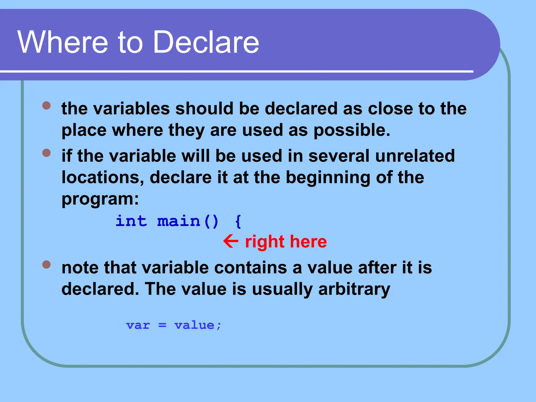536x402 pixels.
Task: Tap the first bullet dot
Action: pos(46,105)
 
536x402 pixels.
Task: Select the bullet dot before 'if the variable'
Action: pos(46,153)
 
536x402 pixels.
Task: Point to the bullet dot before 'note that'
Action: pos(46,264)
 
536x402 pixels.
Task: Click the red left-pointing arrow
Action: pos(231,241)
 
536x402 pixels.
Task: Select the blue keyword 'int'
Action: pos(131,221)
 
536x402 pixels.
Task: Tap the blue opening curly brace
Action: pos(238,222)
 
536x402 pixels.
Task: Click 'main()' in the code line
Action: pos(188,221)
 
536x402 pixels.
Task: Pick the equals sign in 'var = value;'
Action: pos(162,325)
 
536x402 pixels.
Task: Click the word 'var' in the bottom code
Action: pos(138,325)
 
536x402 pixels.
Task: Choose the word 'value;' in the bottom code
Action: pos(198,325)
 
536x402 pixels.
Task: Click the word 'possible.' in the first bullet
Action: pos(352,130)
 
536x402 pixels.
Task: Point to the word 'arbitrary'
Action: pos(354,289)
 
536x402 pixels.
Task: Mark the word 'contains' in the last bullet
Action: pos(250,268)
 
